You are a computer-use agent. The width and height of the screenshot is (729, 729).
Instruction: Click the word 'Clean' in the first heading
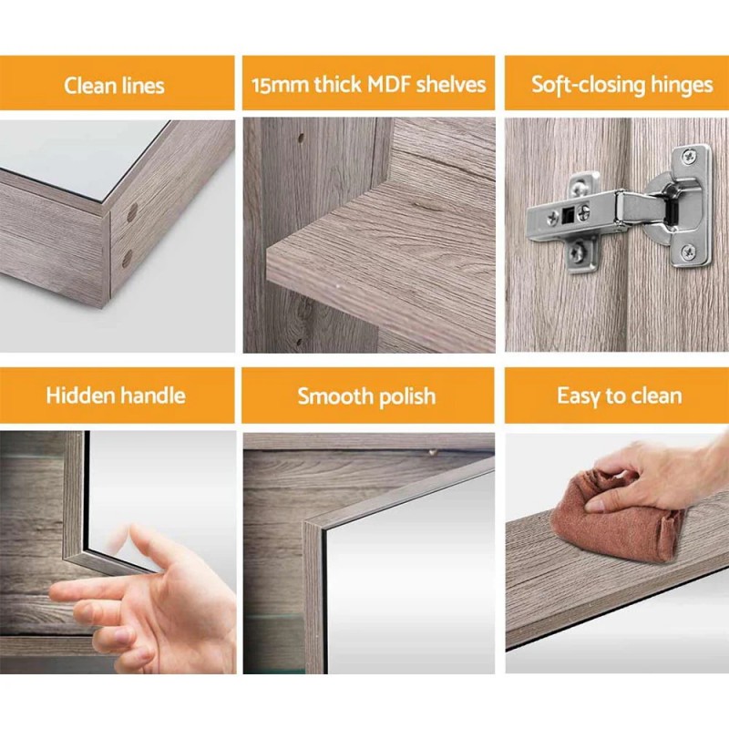point(88,86)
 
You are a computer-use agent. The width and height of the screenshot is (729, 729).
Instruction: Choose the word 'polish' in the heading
point(404,396)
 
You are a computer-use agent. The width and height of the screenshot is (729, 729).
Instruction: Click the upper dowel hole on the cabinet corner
point(132,213)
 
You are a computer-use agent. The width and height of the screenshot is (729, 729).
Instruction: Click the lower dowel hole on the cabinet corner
point(127,258)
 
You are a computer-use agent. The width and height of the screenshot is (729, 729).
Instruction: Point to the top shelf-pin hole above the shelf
point(300,141)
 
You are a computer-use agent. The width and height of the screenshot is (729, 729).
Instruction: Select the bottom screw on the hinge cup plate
point(688,252)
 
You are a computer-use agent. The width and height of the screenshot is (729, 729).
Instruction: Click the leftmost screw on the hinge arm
point(553,218)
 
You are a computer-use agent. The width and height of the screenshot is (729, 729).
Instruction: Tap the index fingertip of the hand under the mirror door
point(56,592)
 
